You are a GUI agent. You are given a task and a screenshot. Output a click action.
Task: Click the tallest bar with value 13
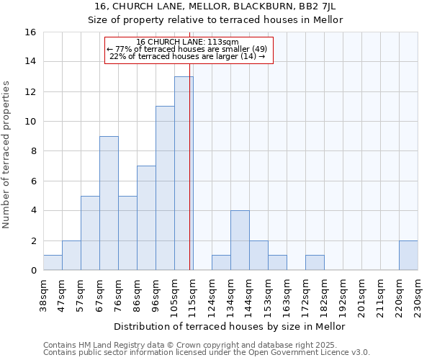pos(184,174)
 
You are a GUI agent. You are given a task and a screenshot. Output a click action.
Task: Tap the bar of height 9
pos(109,203)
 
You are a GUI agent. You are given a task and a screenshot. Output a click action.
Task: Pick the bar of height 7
pos(146,218)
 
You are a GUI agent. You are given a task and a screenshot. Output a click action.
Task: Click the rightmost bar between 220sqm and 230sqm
pos(408,256)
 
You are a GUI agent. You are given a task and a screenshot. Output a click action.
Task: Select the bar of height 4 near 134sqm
pos(240,240)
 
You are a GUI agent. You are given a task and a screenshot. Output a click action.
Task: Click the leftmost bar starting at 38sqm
pos(53,263)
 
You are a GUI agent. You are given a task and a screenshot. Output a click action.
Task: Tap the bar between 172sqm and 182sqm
pos(315,263)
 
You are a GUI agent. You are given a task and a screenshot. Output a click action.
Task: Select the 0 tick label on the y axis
pos(33,271)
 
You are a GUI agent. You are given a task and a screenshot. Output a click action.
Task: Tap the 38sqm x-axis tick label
pos(43,295)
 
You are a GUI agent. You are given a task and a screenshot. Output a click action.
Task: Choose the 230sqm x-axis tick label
pos(418,295)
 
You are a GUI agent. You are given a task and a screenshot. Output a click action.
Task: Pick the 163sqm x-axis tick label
pos(287,295)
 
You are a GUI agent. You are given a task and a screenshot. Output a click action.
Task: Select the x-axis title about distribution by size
pos(230,326)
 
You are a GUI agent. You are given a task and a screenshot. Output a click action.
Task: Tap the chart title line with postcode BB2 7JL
pos(215,6)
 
